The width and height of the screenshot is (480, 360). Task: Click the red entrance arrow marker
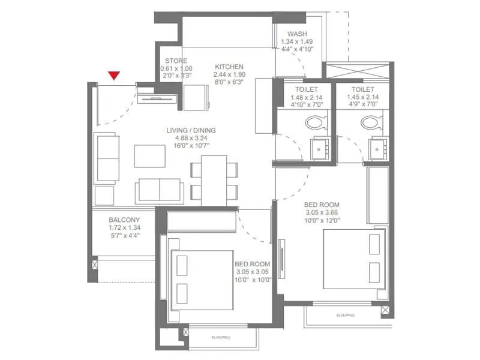click(x=114, y=75)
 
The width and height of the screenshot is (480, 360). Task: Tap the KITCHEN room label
click(x=228, y=66)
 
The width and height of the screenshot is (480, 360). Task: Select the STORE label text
click(x=176, y=61)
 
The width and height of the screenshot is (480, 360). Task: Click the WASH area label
click(x=297, y=34)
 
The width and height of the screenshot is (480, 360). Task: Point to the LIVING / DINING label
click(x=191, y=130)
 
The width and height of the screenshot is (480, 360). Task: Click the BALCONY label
click(x=124, y=220)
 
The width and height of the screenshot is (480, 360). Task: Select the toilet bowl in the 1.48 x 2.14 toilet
click(x=314, y=123)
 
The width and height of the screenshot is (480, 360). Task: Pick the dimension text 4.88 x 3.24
click(x=191, y=138)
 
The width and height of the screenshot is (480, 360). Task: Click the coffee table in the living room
click(x=148, y=155)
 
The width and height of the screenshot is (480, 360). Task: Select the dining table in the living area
click(x=214, y=180)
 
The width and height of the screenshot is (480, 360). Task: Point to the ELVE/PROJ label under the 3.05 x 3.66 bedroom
click(x=347, y=314)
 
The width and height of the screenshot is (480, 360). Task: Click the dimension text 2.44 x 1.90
click(x=228, y=74)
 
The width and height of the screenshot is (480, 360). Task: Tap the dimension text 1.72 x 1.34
click(x=124, y=228)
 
